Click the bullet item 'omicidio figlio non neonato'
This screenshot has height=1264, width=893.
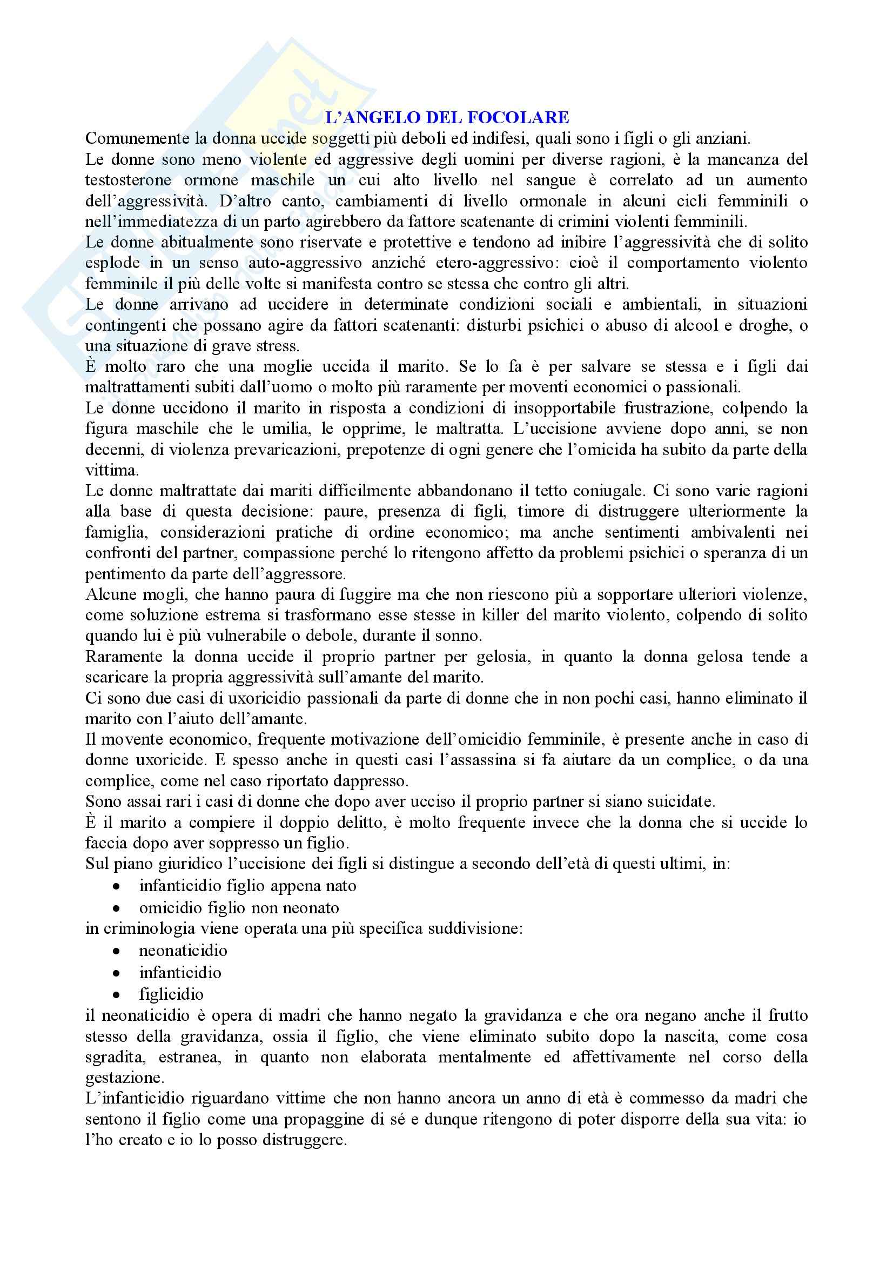(239, 907)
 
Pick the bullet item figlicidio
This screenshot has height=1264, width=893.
(171, 994)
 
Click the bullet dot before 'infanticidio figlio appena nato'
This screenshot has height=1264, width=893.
(116, 887)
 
